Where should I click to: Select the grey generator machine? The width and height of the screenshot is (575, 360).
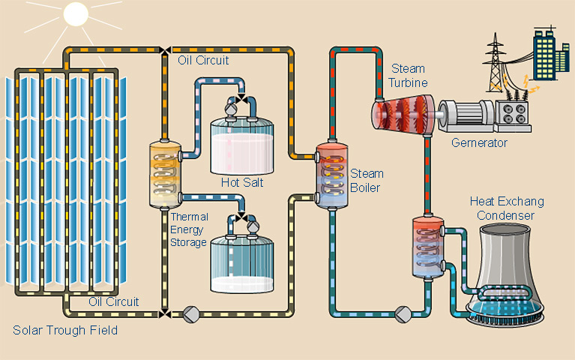pyautogui.click(x=463, y=115)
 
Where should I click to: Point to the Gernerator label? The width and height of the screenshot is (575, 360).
pyautogui.click(x=479, y=142)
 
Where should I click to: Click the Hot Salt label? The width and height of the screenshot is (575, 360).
pyautogui.click(x=241, y=182)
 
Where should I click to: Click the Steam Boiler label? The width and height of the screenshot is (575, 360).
pyautogui.click(x=365, y=180)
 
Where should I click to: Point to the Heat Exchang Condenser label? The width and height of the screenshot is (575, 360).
pyautogui.click(x=507, y=208)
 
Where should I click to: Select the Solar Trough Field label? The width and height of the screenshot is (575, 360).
pyautogui.click(x=65, y=330)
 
